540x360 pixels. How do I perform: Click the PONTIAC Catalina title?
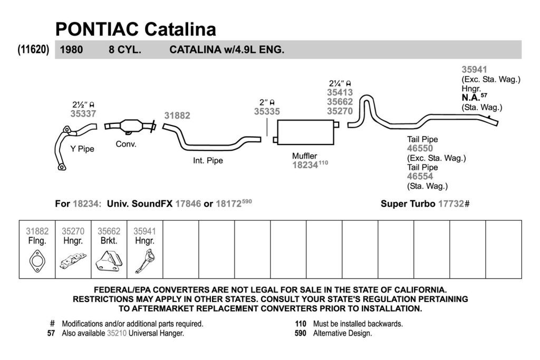tap(136, 30)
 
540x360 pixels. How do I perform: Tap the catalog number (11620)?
tap(33, 50)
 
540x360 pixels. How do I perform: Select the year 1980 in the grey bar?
tap(71, 50)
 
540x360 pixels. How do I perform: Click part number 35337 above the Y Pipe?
tap(83, 113)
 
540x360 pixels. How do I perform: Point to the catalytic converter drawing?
tap(130, 126)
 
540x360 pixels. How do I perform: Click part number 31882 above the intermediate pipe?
tap(177, 115)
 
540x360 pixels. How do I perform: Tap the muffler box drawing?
tap(305, 132)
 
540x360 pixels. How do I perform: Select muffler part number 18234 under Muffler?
tap(305, 165)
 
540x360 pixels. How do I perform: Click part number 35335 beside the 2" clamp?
tap(267, 112)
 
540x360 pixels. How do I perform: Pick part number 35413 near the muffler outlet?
tap(340, 92)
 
